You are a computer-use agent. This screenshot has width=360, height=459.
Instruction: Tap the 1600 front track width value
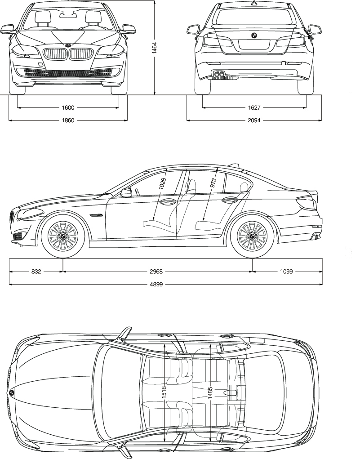68,108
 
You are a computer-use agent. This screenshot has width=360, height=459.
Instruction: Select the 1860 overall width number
68,120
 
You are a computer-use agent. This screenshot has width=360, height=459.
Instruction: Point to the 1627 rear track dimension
254,108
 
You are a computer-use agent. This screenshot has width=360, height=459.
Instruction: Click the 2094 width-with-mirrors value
254,120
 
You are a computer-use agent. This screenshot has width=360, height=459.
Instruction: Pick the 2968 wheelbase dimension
156,272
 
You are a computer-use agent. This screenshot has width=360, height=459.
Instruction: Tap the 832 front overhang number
36,272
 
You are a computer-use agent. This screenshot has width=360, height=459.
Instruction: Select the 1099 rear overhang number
286,272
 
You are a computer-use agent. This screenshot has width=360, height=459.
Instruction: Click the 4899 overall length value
165,284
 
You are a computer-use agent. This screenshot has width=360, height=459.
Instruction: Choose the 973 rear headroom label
213,182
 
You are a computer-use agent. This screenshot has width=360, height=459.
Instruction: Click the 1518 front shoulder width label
164,394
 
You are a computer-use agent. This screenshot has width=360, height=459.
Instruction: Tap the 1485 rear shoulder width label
210,394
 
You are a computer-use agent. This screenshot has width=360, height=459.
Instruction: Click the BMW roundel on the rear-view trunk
253,36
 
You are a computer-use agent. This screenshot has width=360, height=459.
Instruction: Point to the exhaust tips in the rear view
220,75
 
